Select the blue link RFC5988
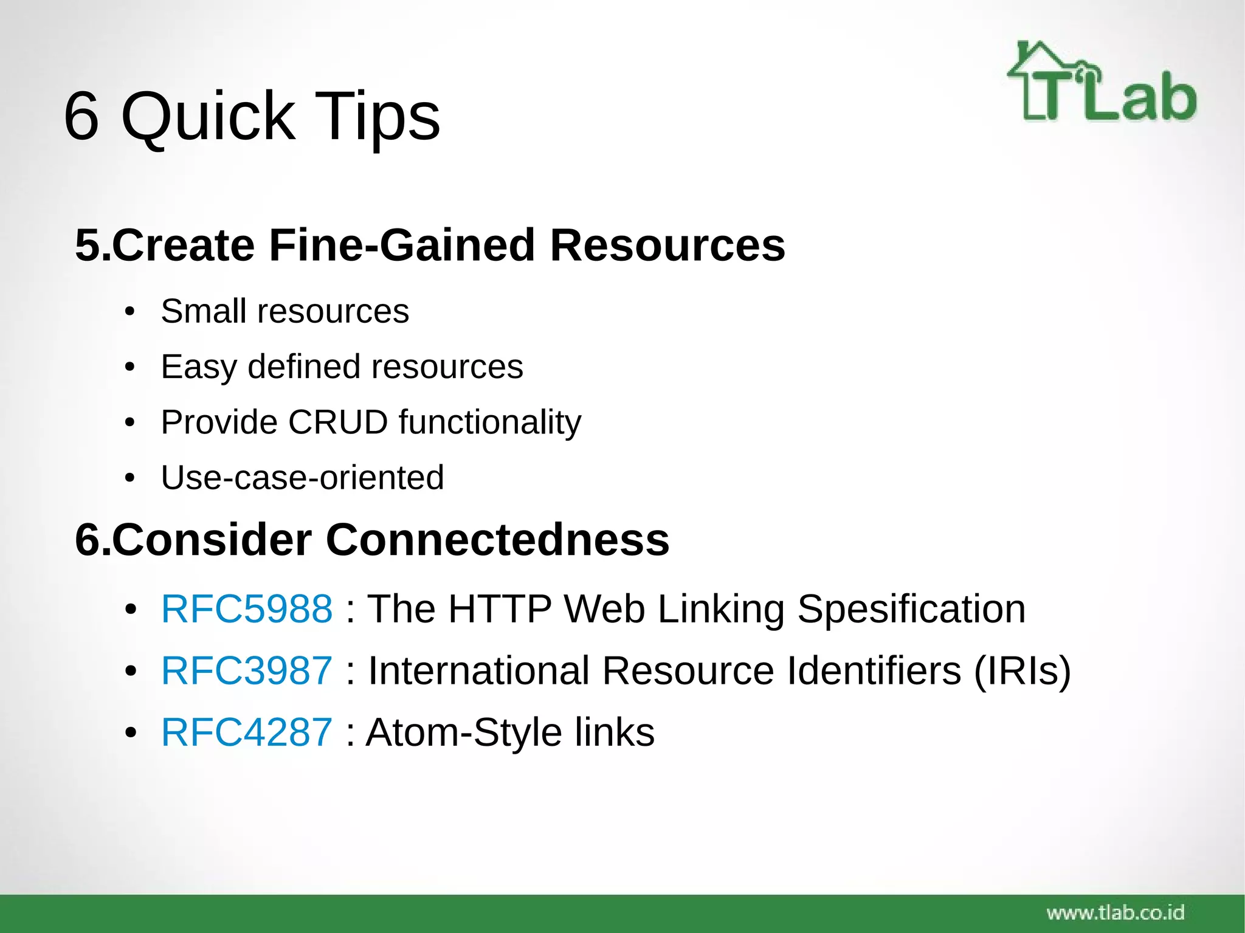coord(247,608)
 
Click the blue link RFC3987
coord(247,670)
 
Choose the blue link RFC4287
coord(247,732)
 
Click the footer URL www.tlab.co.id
coord(1115,912)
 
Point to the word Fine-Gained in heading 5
coord(401,246)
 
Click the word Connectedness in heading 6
coord(497,540)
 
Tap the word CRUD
coord(338,422)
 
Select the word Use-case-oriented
coord(302,478)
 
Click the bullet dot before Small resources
coord(129,313)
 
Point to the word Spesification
coord(911,608)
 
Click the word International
coord(478,670)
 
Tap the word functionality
coord(490,422)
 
